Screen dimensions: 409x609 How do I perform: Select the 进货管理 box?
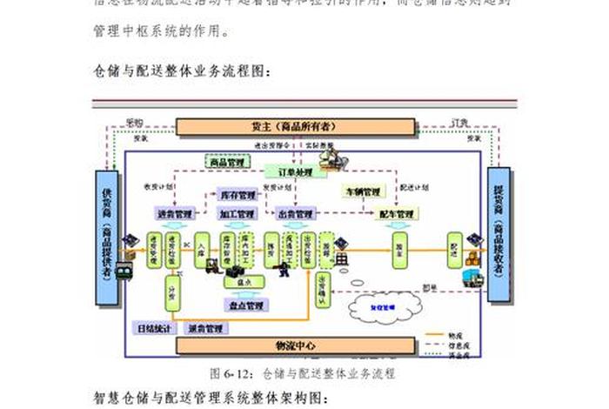tap(175, 213)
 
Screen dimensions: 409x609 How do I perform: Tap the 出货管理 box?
tap(295, 213)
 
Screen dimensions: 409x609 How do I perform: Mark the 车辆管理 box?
tap(360, 191)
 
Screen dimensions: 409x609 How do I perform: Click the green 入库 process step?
tap(202, 249)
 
